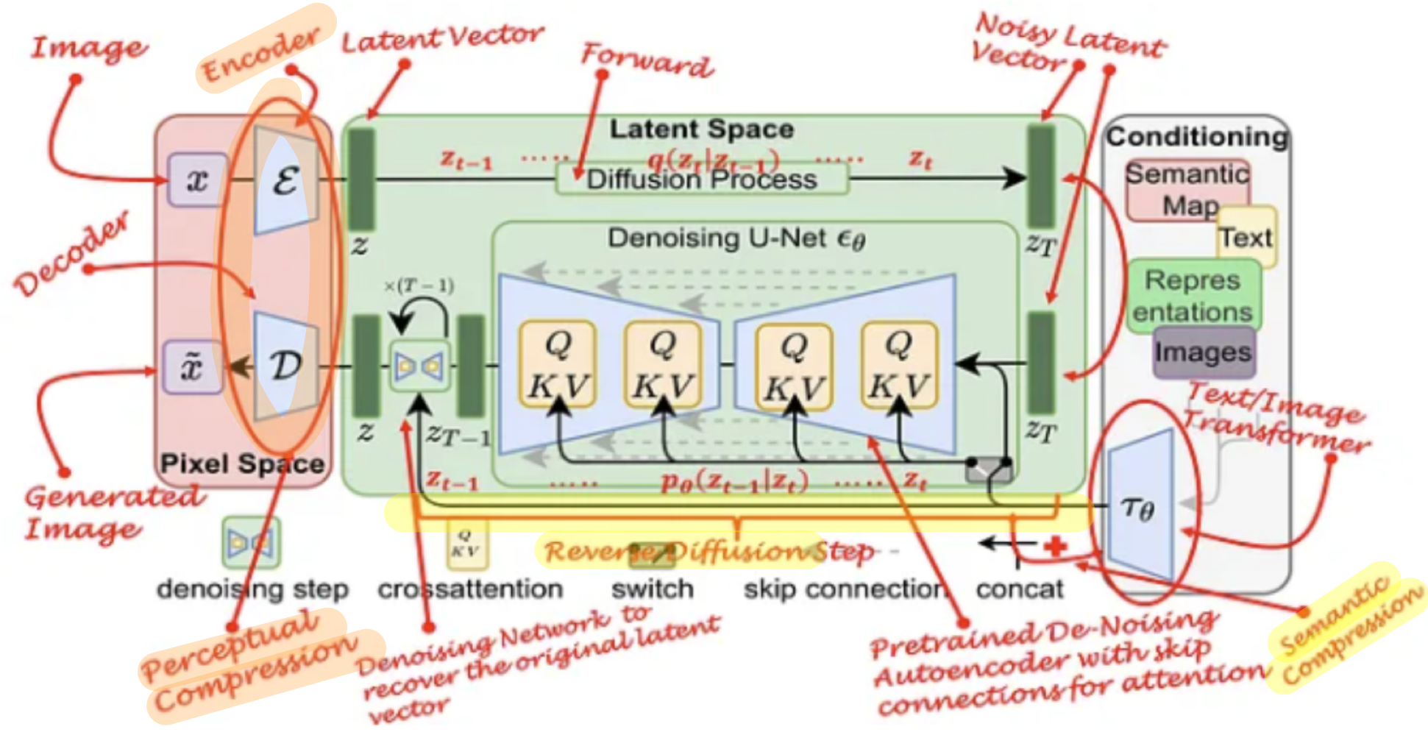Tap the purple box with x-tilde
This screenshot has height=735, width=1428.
click(x=192, y=366)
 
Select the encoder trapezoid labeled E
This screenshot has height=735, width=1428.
click(x=285, y=180)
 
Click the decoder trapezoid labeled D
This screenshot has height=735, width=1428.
click(x=285, y=365)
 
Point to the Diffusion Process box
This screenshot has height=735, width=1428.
click(x=701, y=180)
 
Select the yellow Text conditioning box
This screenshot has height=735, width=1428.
click(x=1247, y=238)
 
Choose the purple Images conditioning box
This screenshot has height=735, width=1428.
click(x=1203, y=352)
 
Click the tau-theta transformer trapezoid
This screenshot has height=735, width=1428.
click(x=1139, y=506)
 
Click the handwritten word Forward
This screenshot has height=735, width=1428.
click(x=647, y=60)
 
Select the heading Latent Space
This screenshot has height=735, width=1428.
click(x=701, y=129)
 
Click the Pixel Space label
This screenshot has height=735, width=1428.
click(x=242, y=464)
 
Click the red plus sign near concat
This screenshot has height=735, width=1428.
click(x=1056, y=546)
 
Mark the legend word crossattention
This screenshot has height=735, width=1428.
click(x=470, y=589)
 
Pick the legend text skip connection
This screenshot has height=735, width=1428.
click(x=844, y=589)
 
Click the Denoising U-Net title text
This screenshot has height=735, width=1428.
click(x=736, y=238)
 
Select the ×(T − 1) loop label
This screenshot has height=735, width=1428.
click(x=419, y=285)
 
